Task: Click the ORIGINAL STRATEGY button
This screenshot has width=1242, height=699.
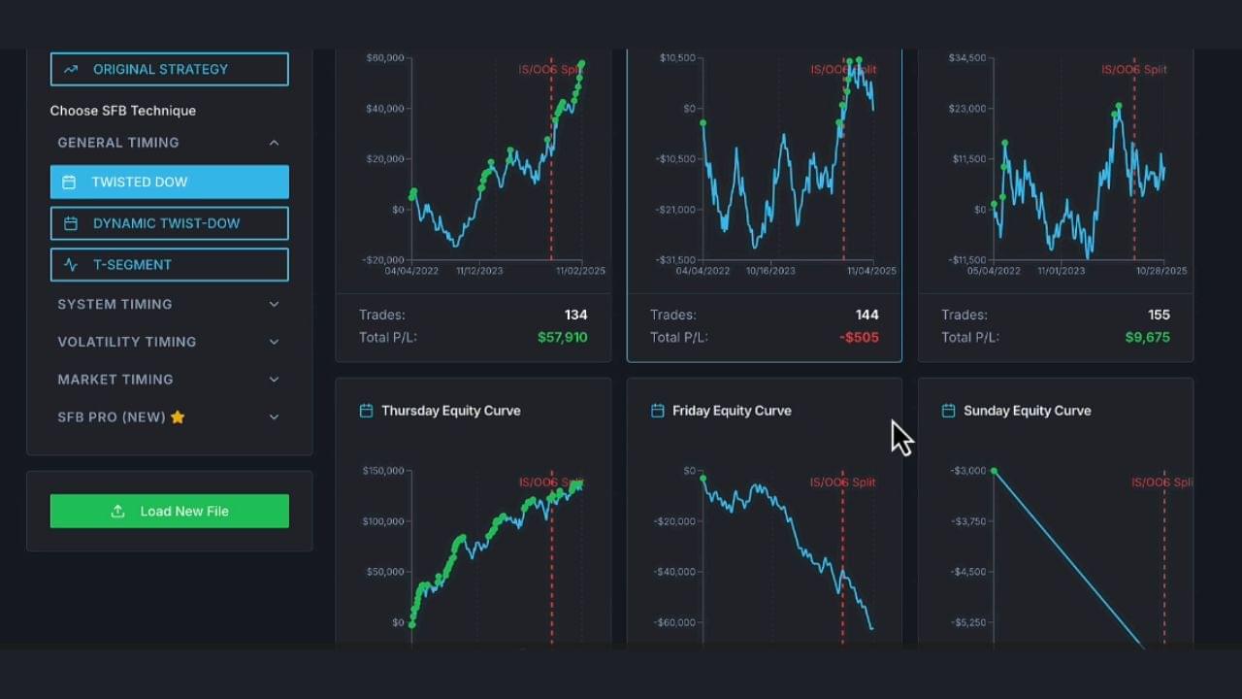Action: click(x=169, y=69)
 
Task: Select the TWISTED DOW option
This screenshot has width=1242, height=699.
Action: click(x=169, y=182)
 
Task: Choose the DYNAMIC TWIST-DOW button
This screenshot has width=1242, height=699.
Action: click(x=169, y=223)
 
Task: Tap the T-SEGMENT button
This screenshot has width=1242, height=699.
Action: click(x=169, y=264)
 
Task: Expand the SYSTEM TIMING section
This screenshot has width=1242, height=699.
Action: click(x=169, y=304)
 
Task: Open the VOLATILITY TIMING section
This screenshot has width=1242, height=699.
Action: click(x=169, y=342)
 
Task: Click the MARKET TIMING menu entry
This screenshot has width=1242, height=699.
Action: click(x=169, y=380)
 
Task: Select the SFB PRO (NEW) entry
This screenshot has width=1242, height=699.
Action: click(x=169, y=417)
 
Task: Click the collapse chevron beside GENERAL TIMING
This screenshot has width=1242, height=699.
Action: click(x=274, y=143)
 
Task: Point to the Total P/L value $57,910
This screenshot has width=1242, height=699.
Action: click(x=562, y=338)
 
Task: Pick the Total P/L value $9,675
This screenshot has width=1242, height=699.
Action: click(x=1147, y=338)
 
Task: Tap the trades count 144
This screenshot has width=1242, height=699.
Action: click(x=866, y=315)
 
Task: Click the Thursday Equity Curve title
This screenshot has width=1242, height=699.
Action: click(x=450, y=411)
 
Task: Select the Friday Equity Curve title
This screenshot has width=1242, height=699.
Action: click(x=732, y=411)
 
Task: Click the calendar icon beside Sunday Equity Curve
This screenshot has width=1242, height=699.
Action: click(x=948, y=411)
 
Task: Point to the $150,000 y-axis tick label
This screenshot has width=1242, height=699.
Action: click(x=383, y=471)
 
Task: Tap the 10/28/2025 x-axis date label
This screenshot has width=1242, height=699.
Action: click(x=1161, y=271)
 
